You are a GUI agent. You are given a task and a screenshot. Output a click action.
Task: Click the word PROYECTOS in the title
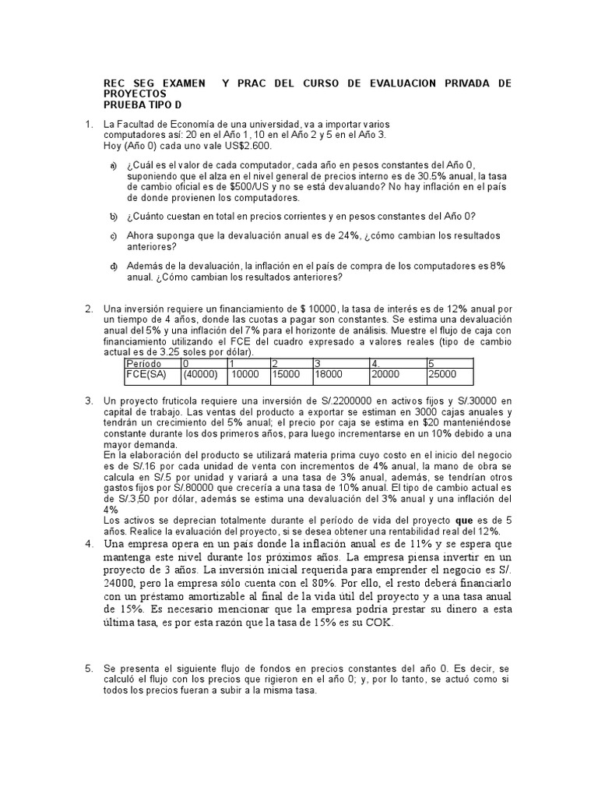pos(136,94)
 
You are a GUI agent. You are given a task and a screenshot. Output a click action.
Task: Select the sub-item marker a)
pos(114,166)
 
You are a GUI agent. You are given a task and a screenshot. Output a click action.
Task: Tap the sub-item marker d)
pos(114,267)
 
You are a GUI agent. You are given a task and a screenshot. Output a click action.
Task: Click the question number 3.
pos(89,401)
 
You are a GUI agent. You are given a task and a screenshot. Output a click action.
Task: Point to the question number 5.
pos(89,669)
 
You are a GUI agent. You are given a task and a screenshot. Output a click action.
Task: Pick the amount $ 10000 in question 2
pos(308,309)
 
